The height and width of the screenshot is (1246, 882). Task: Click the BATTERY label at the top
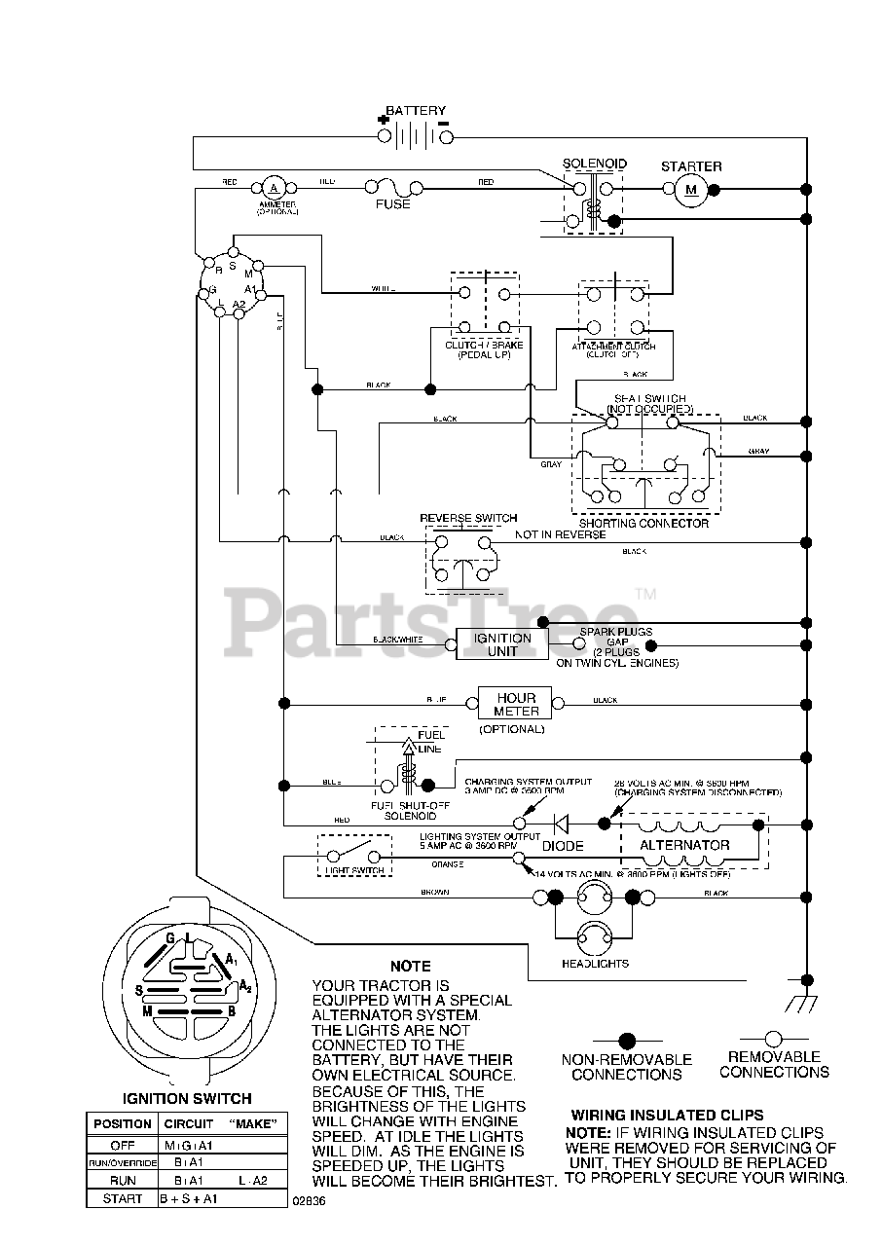click(x=416, y=111)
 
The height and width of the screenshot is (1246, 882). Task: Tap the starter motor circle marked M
click(x=692, y=189)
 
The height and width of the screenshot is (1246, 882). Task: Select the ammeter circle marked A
click(x=274, y=187)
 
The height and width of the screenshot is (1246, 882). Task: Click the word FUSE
click(x=393, y=205)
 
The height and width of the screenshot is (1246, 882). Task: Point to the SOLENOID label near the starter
click(x=595, y=164)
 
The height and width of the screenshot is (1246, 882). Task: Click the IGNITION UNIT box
click(x=502, y=644)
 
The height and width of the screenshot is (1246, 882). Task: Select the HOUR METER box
click(x=516, y=705)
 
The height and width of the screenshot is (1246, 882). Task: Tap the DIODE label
click(x=564, y=847)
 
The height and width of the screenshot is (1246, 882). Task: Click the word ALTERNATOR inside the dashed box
click(x=684, y=845)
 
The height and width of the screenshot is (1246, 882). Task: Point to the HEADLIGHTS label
click(x=595, y=964)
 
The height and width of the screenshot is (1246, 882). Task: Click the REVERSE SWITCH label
click(x=468, y=518)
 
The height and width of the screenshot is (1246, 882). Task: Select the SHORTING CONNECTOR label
click(x=643, y=524)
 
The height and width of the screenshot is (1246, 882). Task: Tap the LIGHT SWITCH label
click(x=353, y=869)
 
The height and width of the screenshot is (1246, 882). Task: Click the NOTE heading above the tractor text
click(x=410, y=967)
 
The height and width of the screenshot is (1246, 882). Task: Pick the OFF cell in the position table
click(x=122, y=1145)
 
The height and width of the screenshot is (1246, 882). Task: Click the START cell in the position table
click(x=122, y=1199)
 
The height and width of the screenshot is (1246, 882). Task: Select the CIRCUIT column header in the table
click(x=188, y=1124)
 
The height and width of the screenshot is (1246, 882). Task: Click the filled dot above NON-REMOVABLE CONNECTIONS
click(x=628, y=1040)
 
